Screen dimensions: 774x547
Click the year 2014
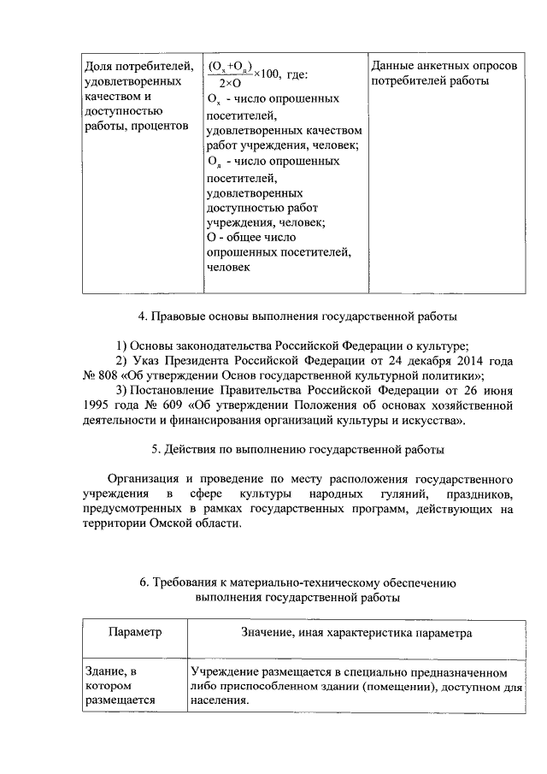[468, 361]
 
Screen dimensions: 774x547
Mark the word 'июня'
[497, 391]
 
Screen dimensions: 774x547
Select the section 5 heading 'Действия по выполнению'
[297, 449]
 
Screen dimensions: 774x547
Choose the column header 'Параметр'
[135, 634]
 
